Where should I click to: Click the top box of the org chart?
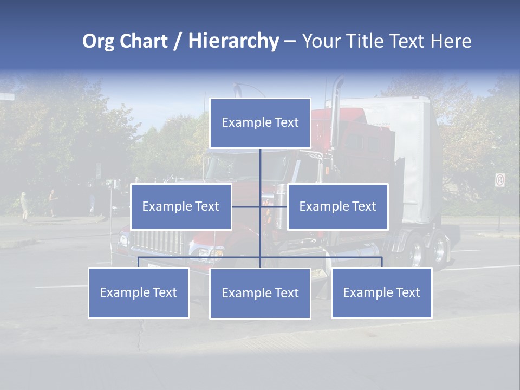[x=260, y=123]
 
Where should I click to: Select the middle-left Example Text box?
[x=181, y=206]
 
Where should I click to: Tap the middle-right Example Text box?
[x=337, y=206]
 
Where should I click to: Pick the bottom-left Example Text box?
[x=139, y=292]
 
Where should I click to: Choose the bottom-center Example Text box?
[x=260, y=293]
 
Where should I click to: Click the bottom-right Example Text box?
[x=381, y=292]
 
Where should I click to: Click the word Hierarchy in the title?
[x=233, y=41]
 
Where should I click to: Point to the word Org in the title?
[x=98, y=41]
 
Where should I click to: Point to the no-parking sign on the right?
[x=500, y=180]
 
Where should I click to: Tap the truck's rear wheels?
[x=428, y=252]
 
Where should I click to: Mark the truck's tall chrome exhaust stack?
[x=336, y=108]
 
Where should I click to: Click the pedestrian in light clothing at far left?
[x=23, y=206]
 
